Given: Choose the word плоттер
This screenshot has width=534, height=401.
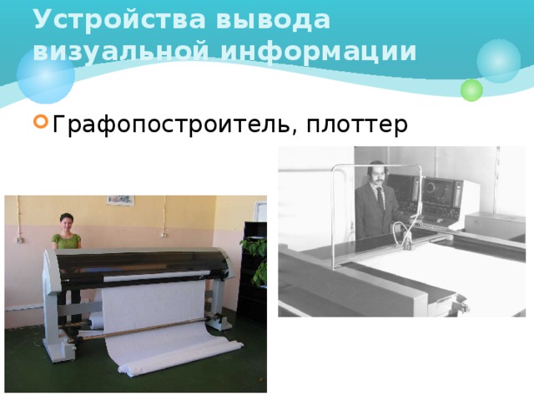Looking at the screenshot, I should point(356,125).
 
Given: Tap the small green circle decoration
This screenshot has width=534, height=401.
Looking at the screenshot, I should point(471,89).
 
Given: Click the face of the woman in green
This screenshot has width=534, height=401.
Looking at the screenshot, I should point(66,223).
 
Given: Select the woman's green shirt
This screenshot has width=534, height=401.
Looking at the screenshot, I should point(66,241).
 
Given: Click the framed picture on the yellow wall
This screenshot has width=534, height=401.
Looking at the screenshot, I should point(120,200).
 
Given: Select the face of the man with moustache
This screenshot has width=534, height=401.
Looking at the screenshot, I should point(375,175).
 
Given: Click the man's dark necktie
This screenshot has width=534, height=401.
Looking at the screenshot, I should point(379,200).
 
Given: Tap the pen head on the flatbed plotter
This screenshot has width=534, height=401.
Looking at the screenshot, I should point(408,242).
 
